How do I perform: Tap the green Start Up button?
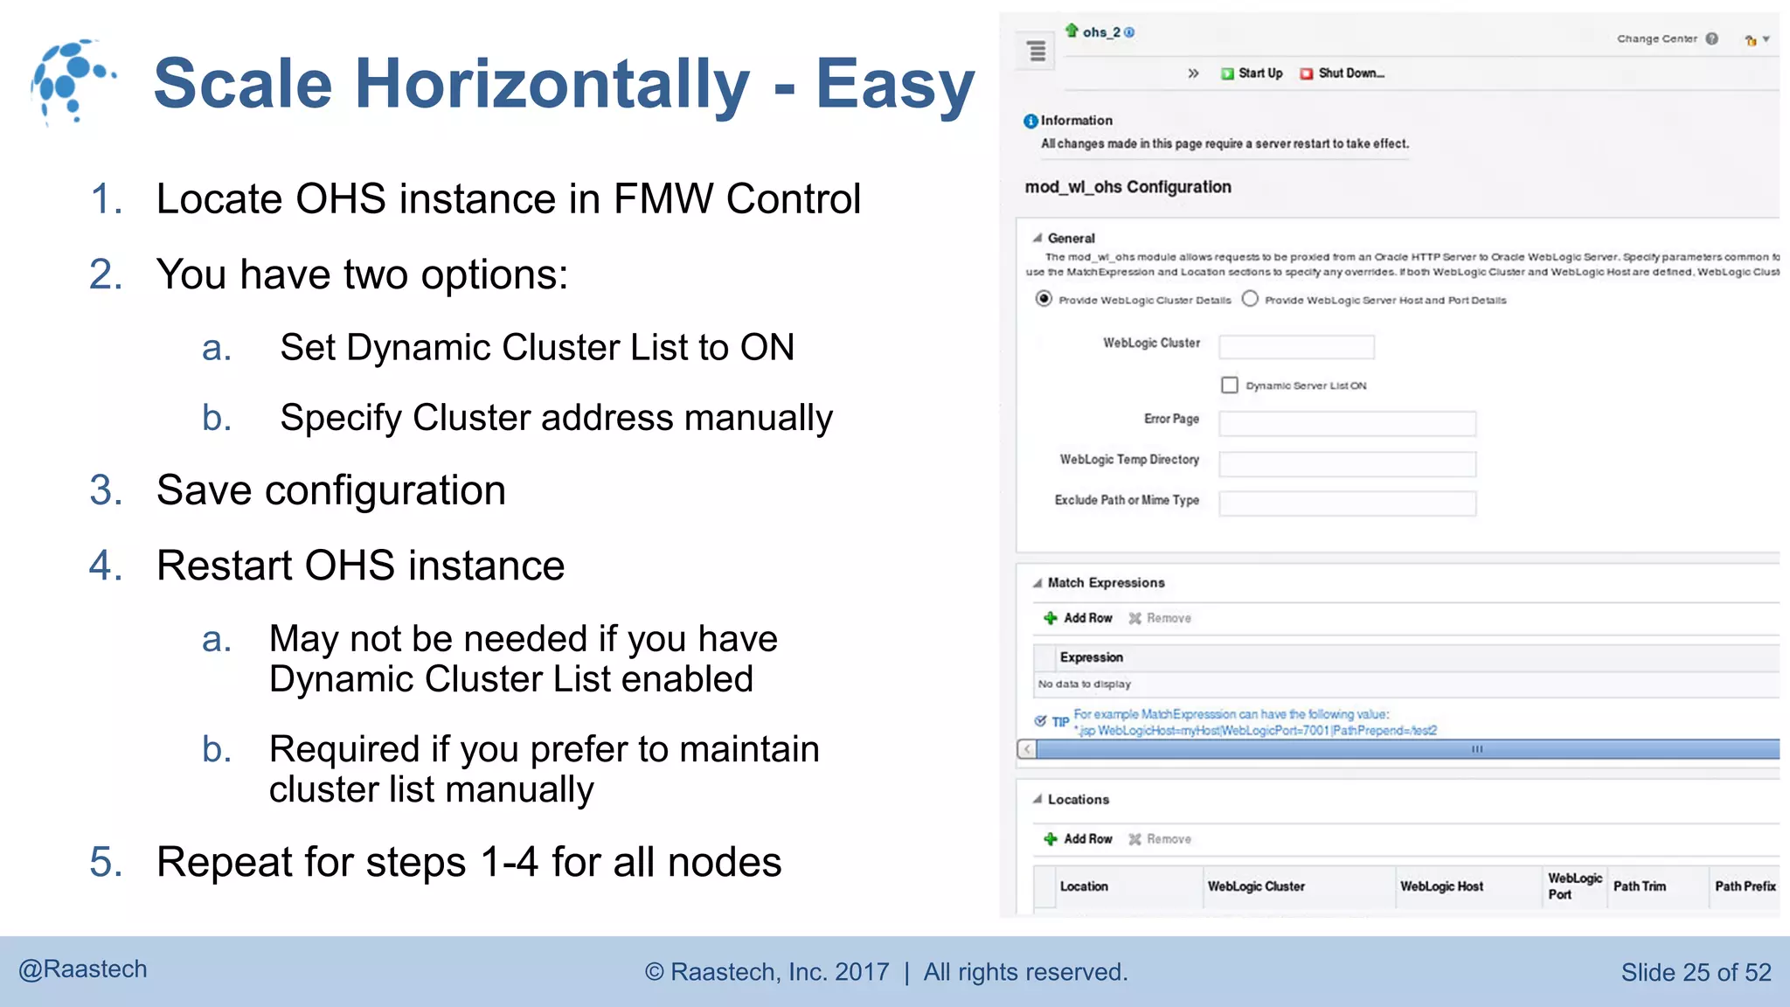[1252, 73]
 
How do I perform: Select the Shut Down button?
[1342, 73]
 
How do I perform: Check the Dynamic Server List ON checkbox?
[1230, 385]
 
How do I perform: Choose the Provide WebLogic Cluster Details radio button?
[1044, 299]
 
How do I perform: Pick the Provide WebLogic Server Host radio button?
[1251, 299]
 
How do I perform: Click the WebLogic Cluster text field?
[1296, 347]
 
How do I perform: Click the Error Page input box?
[1347, 424]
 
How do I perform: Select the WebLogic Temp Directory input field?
[1347, 464]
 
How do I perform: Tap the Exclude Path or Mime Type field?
[1347, 503]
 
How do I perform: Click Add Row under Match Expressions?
[1079, 618]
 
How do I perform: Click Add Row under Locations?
[1079, 839]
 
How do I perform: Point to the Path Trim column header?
[1639, 886]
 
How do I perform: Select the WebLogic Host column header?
[1441, 886]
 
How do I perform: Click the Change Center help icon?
[1712, 38]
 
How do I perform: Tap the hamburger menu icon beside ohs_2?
[1037, 51]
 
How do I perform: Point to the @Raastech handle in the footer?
[83, 969]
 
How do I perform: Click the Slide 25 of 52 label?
[1696, 972]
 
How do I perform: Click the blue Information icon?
[1031, 121]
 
